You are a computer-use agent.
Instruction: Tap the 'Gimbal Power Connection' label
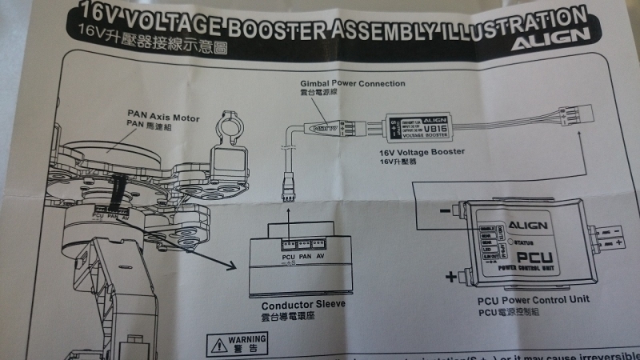pyautogui.click(x=352, y=83)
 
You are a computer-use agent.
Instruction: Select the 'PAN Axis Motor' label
pyautogui.click(x=157, y=114)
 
